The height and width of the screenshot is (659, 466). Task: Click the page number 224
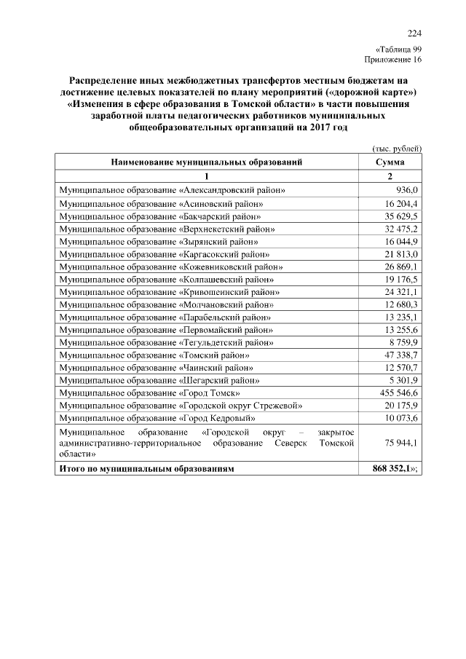point(414,33)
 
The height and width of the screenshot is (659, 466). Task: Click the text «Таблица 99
point(398,49)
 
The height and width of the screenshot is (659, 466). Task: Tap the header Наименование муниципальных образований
point(206,162)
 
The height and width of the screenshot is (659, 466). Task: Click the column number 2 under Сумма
point(390,176)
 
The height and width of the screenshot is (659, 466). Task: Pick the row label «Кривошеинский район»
point(167,292)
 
